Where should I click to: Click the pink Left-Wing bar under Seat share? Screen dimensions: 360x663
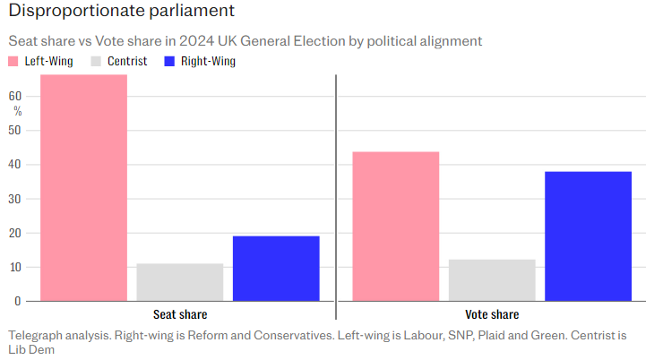point(83,188)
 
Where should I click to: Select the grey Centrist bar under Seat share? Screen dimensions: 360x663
point(180,282)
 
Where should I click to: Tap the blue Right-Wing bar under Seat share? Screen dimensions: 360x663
point(276,268)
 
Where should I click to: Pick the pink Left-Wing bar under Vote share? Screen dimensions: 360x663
point(395,226)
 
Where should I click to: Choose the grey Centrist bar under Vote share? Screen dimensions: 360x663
point(492,280)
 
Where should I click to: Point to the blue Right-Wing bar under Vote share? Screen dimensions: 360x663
point(588,236)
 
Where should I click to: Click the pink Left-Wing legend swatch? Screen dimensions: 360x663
point(13,62)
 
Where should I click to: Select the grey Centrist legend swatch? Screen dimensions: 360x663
point(94,62)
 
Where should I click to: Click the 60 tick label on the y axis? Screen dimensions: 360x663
point(15,96)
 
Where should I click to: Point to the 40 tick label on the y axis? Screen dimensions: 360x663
point(15,165)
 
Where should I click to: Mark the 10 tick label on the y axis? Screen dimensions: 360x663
point(15,267)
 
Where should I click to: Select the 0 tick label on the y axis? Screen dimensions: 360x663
point(18,302)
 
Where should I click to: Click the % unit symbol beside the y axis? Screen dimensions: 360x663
point(18,111)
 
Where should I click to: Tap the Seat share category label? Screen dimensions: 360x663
point(180,315)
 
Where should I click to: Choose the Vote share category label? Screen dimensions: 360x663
point(492,315)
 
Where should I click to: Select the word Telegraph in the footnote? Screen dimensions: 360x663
point(37,336)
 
